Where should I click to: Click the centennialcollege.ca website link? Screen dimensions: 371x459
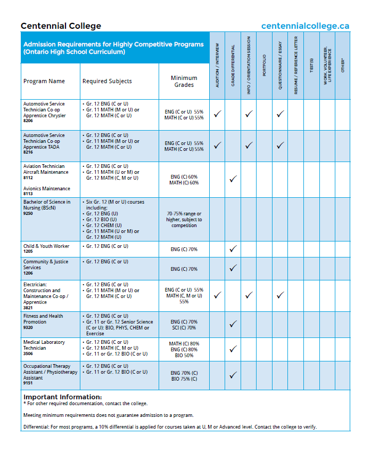[x=305, y=26]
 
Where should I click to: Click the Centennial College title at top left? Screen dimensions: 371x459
[x=61, y=26]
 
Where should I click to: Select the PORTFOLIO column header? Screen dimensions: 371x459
[x=265, y=65]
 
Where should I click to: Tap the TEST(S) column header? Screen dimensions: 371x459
[x=312, y=65]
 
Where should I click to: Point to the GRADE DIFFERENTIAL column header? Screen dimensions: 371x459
[x=233, y=65]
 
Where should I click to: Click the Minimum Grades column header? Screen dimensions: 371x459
[x=184, y=82]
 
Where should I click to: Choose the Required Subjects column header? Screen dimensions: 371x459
[x=107, y=81]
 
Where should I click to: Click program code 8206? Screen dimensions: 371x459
[x=28, y=120]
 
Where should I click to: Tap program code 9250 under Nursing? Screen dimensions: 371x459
[x=28, y=213]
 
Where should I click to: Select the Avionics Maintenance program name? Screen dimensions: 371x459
[x=47, y=189]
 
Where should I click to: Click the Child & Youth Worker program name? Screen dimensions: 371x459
[x=46, y=246]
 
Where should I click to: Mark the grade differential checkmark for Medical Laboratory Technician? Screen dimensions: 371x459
[x=233, y=349]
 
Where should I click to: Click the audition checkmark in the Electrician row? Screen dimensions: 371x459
[x=218, y=295]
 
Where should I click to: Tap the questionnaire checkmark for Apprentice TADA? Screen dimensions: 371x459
[x=281, y=145]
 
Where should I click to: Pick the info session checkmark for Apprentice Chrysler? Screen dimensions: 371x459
[x=249, y=114]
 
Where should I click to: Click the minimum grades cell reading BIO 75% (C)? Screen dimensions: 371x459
[x=184, y=379]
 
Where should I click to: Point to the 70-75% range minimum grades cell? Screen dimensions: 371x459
[x=184, y=220]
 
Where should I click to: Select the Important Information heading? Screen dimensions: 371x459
[x=63, y=397]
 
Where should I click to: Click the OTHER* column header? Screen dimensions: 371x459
[x=343, y=65]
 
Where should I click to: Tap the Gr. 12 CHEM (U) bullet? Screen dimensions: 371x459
[x=104, y=226]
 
